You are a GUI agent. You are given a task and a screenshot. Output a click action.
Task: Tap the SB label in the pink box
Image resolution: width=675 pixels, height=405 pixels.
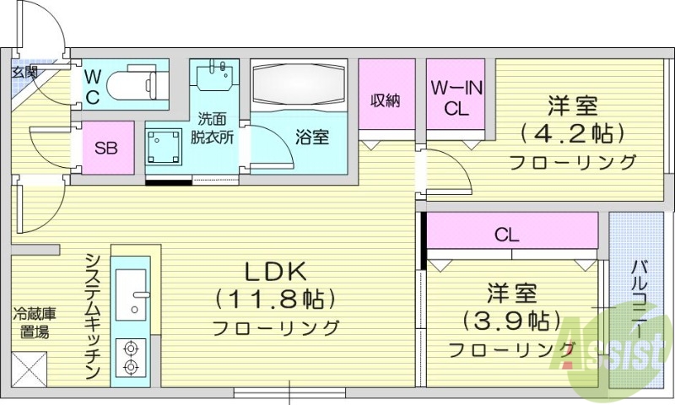[105, 149]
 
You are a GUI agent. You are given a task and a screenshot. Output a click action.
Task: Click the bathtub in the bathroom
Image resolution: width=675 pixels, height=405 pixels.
[299, 88]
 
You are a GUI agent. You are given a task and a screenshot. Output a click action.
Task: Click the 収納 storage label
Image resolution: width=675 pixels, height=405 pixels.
[386, 100]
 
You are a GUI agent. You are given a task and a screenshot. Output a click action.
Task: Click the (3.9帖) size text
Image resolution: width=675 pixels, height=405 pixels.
[511, 321]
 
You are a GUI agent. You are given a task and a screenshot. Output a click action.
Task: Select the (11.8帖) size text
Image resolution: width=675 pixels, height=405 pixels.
[275, 299]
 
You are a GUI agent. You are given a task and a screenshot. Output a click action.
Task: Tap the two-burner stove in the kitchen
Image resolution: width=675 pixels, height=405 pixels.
[132, 357]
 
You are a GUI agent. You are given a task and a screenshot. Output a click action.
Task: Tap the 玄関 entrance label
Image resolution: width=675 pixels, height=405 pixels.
[24, 73]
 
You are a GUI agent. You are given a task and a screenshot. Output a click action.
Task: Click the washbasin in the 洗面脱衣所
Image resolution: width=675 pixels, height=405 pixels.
[214, 76]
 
